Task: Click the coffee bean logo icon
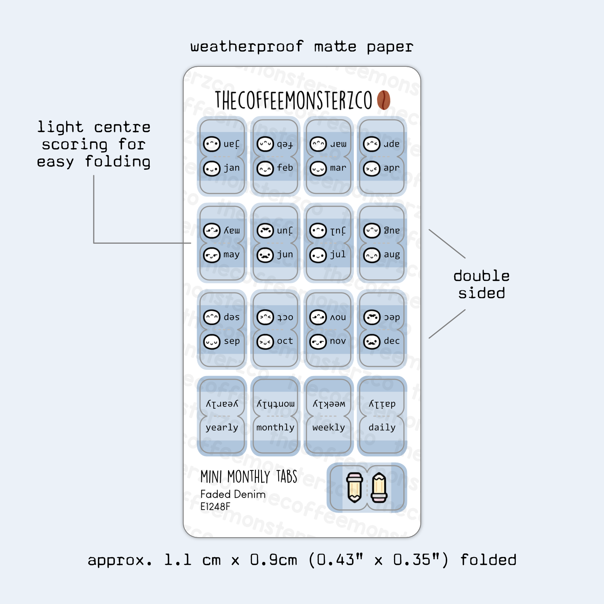383,100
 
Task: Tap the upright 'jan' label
232,168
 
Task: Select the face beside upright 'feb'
265,169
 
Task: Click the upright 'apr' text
391,168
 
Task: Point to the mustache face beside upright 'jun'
265,255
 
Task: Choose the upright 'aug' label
392,255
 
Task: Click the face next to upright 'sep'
212,342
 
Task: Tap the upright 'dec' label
392,341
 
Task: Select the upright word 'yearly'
222,428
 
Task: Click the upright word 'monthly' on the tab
275,427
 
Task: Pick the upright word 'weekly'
329,427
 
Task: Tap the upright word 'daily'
382,427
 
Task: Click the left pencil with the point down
354,487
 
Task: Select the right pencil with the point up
379,487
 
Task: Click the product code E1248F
215,507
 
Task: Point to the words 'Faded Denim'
233,494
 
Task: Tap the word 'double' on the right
481,276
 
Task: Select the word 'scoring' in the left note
75,145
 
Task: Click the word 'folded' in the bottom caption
488,560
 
